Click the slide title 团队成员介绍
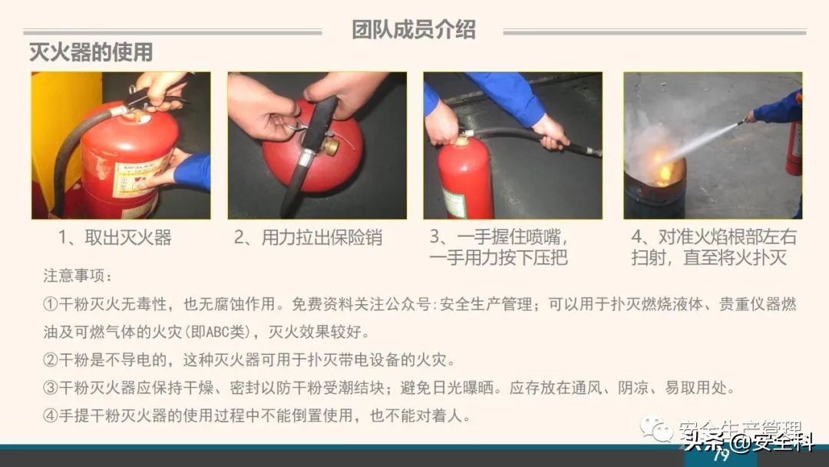[x=414, y=29]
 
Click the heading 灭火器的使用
[x=91, y=52]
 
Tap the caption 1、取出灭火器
[x=115, y=237]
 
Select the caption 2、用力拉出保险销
[x=308, y=237]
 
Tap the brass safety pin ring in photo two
[x=331, y=145]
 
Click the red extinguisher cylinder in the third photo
[x=465, y=181]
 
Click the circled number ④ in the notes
[x=51, y=416]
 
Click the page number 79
[x=720, y=455]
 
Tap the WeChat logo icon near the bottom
[x=657, y=429]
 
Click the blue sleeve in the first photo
[x=193, y=171]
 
